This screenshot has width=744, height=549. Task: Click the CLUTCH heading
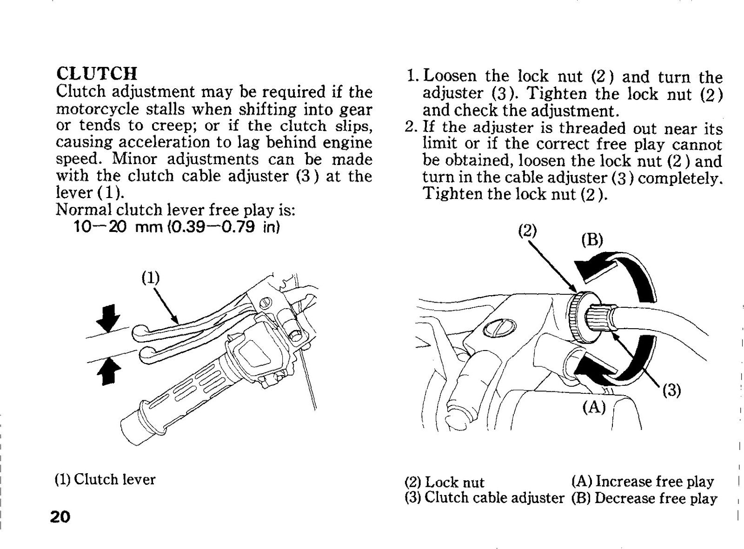pos(97,73)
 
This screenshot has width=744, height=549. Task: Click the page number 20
pos(60,517)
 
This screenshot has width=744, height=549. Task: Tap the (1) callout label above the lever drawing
pos(150,278)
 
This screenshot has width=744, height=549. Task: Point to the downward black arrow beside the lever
pos(108,317)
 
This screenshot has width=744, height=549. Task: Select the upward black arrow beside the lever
pos(108,371)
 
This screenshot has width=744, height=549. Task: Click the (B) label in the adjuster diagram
pos(592,240)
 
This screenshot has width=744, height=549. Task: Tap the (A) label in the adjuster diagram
pos(594,407)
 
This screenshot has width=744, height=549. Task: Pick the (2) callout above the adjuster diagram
pos(528,231)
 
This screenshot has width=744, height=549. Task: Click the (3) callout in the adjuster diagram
pos(671,390)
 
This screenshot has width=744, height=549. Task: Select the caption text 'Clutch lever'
pos(115,479)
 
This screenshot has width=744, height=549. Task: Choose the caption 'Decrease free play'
pos(656,498)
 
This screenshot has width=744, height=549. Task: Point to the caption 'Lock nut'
pos(454,482)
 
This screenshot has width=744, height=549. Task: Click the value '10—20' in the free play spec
pos(100,227)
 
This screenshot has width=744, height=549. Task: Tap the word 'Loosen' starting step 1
pos(450,76)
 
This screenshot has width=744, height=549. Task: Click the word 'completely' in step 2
pos(679,178)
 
